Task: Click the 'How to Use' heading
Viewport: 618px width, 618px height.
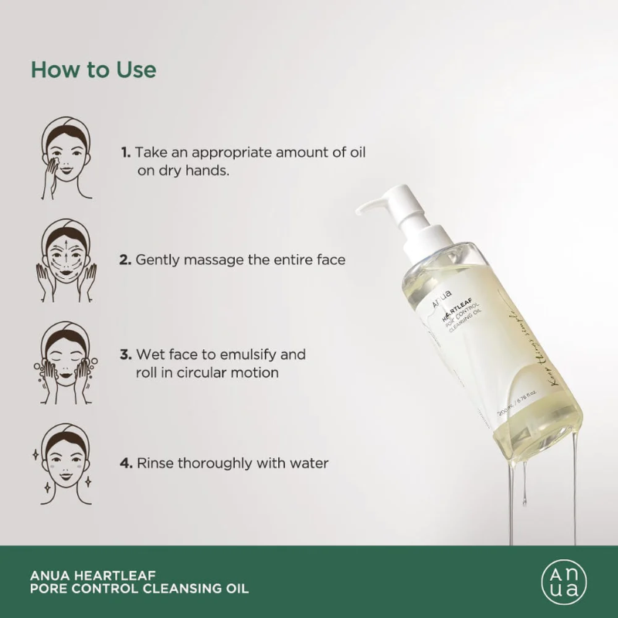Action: tap(93, 70)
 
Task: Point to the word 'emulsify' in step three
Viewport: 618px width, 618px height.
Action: tap(253, 355)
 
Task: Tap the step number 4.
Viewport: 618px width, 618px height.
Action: tap(125, 463)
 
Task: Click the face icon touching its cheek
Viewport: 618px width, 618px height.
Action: tap(66, 158)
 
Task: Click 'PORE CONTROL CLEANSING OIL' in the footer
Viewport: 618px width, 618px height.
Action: tap(139, 589)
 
